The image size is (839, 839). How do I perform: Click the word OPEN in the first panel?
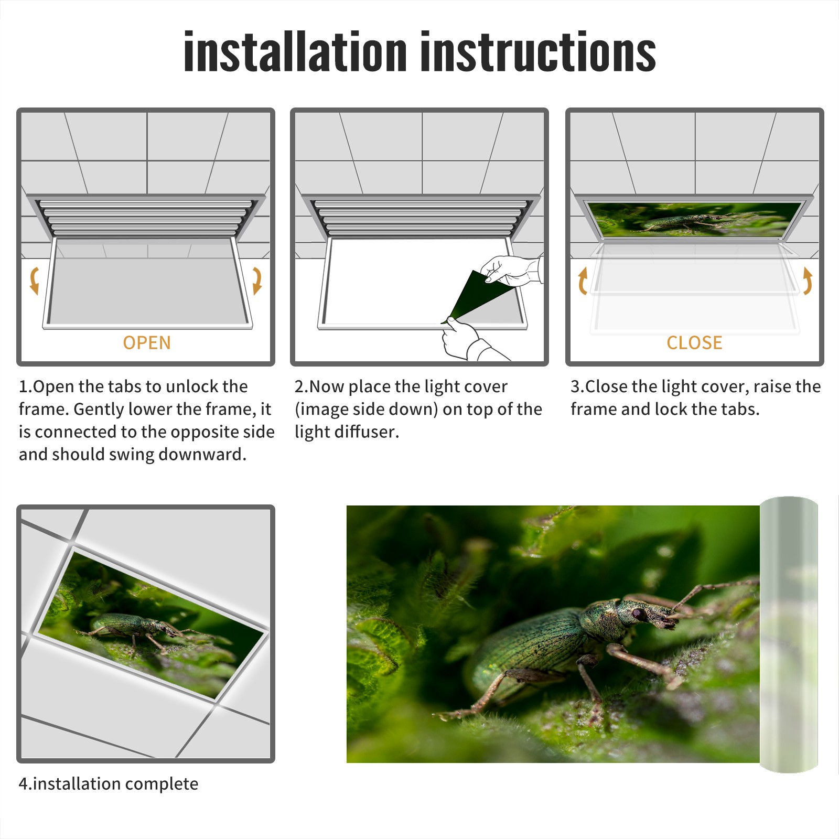coord(147,343)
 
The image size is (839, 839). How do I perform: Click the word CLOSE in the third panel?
coord(694,343)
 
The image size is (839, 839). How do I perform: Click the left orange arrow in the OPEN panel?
coord(34,281)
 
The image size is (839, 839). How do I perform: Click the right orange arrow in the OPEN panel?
coord(257,281)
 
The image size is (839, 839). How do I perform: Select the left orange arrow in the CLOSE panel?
coord(583,281)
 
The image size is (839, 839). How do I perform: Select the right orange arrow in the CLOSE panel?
coord(808,281)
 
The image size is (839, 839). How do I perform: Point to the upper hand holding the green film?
coord(511,270)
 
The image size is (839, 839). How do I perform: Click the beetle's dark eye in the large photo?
coord(638,613)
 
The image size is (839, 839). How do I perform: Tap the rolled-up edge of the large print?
coord(789,634)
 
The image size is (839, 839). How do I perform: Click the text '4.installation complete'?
coord(109,783)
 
